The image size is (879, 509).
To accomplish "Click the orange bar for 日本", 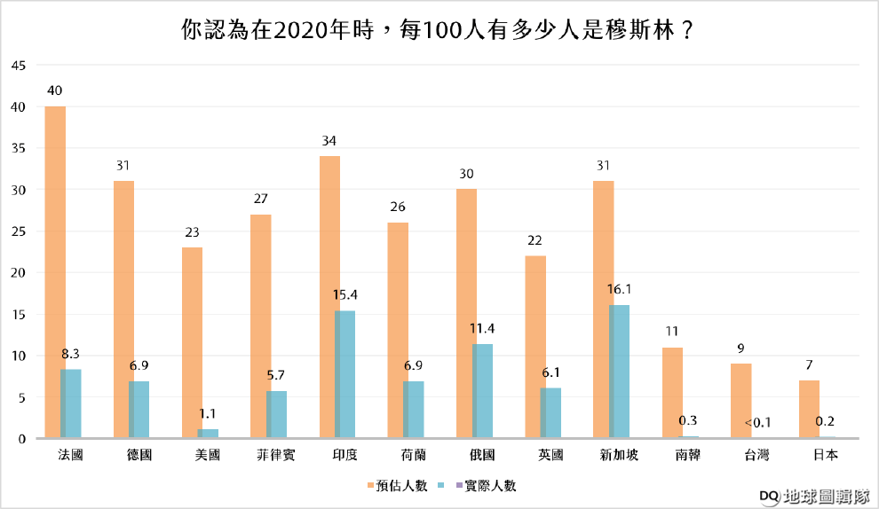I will coord(809,409).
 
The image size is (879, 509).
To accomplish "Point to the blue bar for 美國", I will coord(208,434).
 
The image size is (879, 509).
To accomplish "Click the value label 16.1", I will coord(619,289).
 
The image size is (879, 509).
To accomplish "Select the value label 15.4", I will coord(344,294).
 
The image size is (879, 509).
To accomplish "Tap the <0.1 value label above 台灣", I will coord(757,422).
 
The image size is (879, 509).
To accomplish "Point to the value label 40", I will coord(54,91).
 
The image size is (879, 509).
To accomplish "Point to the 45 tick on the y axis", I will coord(20,66).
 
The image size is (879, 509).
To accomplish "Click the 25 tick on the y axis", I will coord(20,231).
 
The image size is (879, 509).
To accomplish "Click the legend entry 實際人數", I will coord(484,485).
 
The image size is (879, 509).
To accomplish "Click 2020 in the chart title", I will coord(298,30).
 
